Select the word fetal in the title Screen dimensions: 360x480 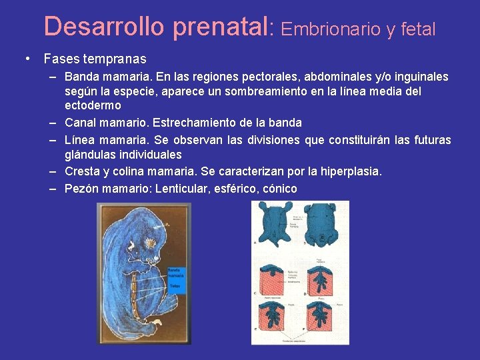click(417, 29)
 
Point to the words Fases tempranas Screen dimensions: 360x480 click(95, 59)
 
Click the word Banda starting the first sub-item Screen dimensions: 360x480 click(82, 77)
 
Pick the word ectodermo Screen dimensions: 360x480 click(93, 105)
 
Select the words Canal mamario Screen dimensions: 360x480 click(104, 123)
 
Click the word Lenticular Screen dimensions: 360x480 click(182, 189)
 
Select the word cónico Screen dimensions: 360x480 click(279, 189)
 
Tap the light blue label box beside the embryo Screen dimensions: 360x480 click(175, 280)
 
